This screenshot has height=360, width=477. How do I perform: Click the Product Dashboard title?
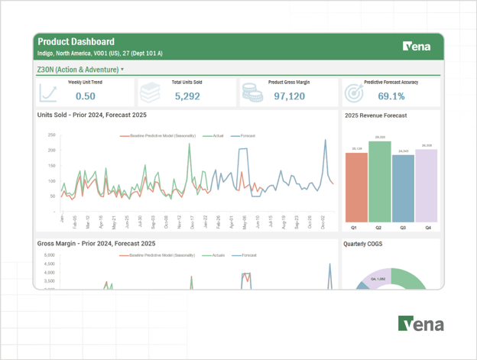click(x=76, y=42)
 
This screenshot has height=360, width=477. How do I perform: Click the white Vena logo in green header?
click(x=417, y=47)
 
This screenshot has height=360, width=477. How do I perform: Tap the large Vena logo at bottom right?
click(x=420, y=323)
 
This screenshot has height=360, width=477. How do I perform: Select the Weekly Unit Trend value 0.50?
click(x=86, y=96)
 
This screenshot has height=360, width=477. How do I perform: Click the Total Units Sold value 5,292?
click(x=187, y=96)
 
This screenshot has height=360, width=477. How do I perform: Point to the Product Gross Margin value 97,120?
click(x=289, y=96)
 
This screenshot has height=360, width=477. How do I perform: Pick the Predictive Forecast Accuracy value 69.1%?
click(x=391, y=96)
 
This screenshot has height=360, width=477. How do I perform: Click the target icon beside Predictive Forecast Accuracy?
click(x=353, y=92)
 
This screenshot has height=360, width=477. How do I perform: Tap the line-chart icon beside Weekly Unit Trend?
click(x=48, y=92)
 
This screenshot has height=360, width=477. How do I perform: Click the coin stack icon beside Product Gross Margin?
click(x=252, y=92)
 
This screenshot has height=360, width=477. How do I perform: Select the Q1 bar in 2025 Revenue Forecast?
click(x=355, y=186)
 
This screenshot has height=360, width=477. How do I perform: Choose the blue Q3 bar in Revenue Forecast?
click(x=403, y=188)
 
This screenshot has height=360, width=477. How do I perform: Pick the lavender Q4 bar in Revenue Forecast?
click(x=427, y=185)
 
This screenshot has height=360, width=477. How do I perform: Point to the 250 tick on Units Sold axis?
click(x=51, y=135)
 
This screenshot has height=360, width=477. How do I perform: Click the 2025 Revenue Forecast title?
click(x=375, y=116)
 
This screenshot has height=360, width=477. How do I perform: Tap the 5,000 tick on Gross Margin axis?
click(x=49, y=264)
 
